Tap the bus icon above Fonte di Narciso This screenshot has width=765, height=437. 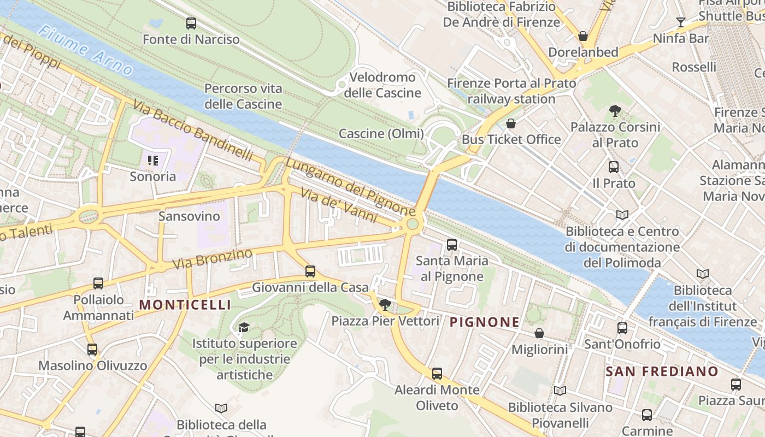tap(191, 23)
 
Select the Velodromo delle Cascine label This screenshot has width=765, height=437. tap(382, 85)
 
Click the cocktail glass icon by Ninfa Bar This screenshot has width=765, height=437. tap(680, 22)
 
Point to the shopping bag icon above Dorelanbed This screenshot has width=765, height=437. tap(583, 37)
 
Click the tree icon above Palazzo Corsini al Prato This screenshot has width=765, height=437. tap(615, 111)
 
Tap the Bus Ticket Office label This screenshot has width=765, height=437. tap(511, 139)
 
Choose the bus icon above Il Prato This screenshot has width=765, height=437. tap(614, 167)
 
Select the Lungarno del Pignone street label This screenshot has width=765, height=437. tap(350, 186)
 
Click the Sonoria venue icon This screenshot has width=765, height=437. tap(153, 161)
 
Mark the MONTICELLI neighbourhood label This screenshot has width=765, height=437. tap(186, 305)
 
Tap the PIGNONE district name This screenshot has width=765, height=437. tap(484, 322)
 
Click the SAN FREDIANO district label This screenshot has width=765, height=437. tap(662, 372)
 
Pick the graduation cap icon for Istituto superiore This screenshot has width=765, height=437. tap(244, 327)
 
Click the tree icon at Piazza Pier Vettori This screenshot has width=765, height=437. tap(385, 304)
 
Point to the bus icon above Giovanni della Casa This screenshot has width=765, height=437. tap(310, 271)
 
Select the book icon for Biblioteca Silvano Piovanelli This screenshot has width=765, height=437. tap(560, 391)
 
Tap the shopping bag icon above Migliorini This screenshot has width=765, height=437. tap(539, 333)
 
